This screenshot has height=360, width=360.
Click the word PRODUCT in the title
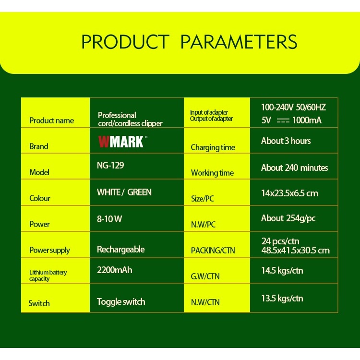point(125,42)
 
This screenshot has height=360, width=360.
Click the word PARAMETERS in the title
point(239,42)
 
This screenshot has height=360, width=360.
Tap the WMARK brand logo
point(121,142)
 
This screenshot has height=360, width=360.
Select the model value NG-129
point(110,166)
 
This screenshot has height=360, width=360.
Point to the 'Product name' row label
point(51,120)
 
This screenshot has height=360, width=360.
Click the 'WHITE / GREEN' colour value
point(124,192)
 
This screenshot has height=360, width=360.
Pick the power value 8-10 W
point(109,219)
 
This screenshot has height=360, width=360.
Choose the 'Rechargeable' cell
point(120,249)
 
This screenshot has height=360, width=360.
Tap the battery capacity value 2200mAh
point(114,270)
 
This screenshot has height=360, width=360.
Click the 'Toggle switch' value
point(120,301)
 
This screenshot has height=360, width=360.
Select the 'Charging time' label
point(213,147)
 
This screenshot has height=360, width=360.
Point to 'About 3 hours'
point(286,141)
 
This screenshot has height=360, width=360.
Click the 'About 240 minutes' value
point(294,168)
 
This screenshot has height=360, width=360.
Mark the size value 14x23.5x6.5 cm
point(289,193)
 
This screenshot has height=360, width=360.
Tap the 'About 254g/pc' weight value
point(288,218)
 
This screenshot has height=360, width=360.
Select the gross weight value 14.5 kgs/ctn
point(282,270)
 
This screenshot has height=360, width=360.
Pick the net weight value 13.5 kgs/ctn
point(282,298)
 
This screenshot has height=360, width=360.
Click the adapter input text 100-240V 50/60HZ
point(293,107)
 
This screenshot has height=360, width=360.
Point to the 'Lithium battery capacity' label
point(48,275)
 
